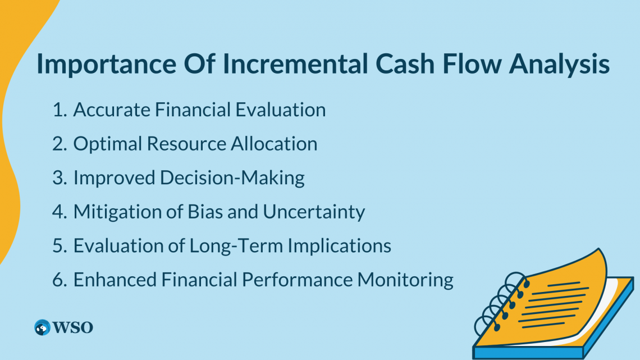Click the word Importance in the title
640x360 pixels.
tap(107, 63)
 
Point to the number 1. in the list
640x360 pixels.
tap(60, 110)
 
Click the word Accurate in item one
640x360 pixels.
tap(112, 110)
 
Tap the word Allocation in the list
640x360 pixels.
tap(274, 144)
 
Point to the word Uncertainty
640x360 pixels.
tap(314, 212)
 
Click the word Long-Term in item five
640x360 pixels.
tap(236, 246)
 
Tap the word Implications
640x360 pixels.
tap(340, 246)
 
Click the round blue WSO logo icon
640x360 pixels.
tap(42, 327)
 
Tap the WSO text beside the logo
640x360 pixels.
tap(73, 327)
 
